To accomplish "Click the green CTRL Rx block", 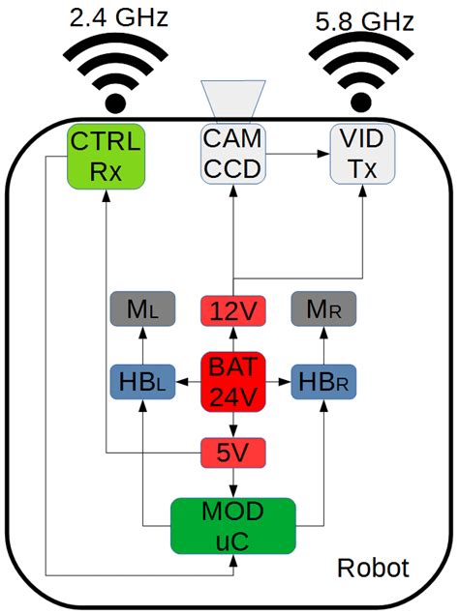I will pos(107,156).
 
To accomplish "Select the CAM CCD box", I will pos(231,156).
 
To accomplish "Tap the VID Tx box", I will pos(359,156).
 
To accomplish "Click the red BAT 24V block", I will pos(231,381).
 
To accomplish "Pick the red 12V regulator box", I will pos(231,311).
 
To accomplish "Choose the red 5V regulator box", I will pos(231,451).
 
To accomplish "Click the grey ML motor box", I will pos(142,310).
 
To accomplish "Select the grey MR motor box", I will pos(324,310).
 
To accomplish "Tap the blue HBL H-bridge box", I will pos(142,381).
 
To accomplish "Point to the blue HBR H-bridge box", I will pos(324,381).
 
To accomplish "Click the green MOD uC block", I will pos(231,526).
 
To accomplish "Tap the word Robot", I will pos(373,568).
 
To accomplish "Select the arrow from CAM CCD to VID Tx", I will pos(296,153).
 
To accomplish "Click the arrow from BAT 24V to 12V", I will pos(231,340).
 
